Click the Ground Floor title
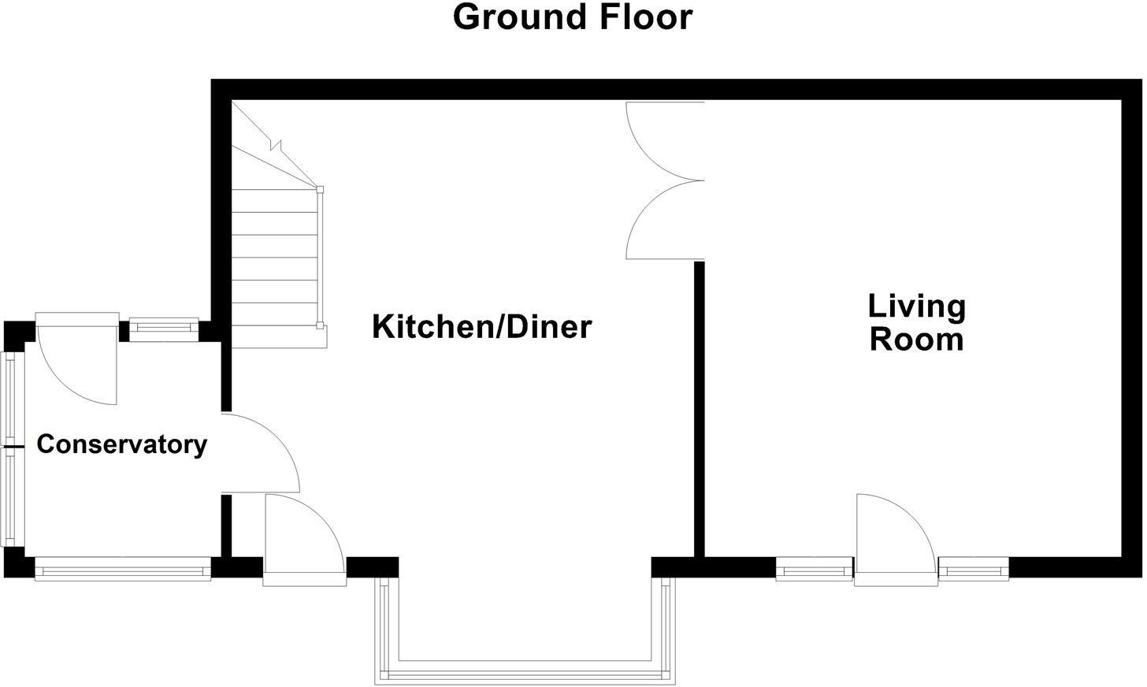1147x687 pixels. [573, 17]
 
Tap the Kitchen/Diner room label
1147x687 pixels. [481, 326]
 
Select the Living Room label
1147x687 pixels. [916, 322]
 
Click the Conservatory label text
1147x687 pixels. [122, 444]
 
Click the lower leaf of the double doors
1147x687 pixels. [658, 225]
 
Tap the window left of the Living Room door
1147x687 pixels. [815, 568]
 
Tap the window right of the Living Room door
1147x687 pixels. [974, 568]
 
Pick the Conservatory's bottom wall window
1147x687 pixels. [123, 568]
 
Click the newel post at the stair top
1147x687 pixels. [320, 189]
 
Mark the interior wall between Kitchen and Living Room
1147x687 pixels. [698, 410]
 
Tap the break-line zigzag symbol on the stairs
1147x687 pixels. [275, 145]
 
